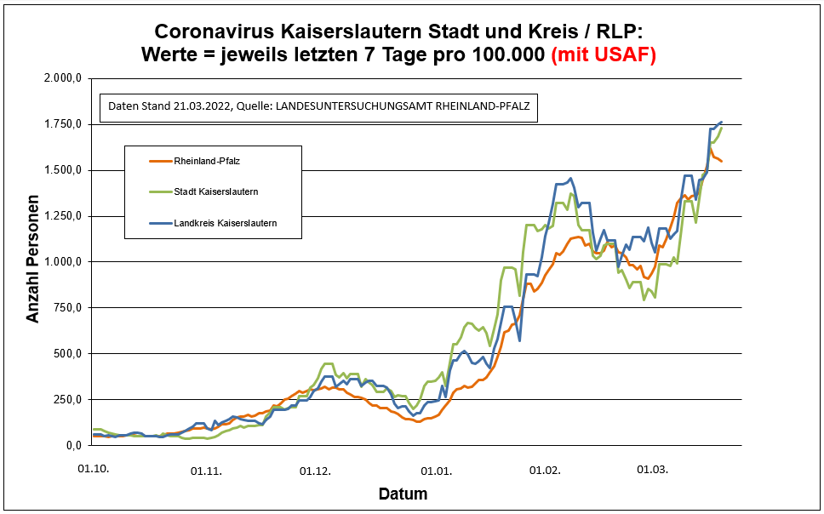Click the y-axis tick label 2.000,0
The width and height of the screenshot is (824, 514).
62,78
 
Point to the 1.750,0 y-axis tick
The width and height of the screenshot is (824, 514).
62,124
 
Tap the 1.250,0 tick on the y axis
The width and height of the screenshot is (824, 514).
62,216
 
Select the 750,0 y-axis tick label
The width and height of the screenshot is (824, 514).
66,308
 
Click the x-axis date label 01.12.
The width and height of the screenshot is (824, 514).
316,469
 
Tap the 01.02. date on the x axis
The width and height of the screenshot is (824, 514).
544,469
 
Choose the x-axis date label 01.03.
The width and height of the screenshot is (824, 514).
653,469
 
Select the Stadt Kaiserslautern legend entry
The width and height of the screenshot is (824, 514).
215,191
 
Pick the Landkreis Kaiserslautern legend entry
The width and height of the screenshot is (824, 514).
225,223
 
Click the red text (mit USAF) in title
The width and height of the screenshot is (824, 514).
604,55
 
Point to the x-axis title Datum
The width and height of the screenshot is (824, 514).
403,494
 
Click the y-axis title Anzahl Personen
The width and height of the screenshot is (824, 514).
32,261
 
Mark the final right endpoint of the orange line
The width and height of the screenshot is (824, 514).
722,161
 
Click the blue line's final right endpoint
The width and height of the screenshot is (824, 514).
722,122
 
